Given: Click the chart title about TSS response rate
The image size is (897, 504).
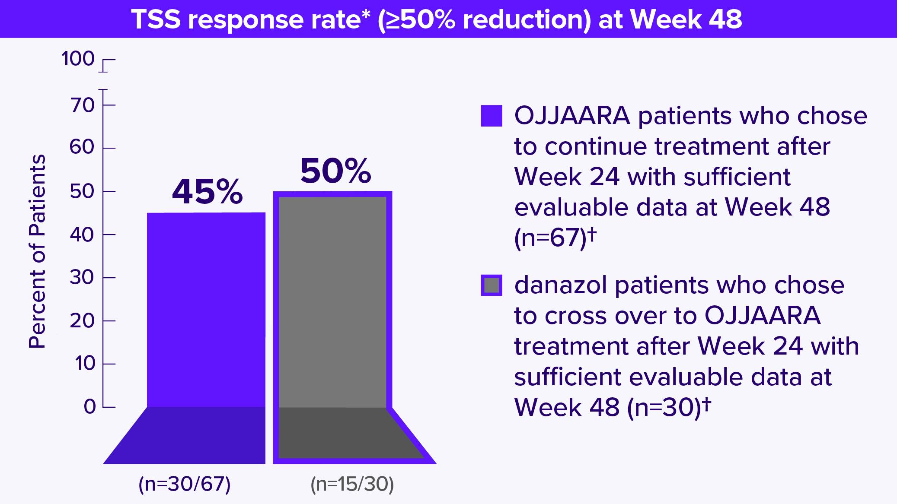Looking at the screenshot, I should (437, 19).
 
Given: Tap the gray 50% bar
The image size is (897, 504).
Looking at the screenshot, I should (332, 302).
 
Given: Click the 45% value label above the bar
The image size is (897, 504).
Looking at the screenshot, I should (207, 193).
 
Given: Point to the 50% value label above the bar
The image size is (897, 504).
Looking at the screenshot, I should (335, 171).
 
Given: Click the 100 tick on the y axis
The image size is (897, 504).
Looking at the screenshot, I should (78, 59).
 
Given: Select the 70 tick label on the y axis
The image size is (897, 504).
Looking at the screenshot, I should (82, 105).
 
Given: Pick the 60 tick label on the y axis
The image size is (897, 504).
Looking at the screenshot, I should (82, 148).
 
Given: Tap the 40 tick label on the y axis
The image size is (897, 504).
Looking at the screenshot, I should (82, 235).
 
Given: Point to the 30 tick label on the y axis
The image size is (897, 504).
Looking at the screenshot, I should (82, 277).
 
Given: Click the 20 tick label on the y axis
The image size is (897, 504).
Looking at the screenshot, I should (82, 320).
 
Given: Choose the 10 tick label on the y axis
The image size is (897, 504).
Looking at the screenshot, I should (85, 364).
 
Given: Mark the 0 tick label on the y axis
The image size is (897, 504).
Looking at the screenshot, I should (89, 407).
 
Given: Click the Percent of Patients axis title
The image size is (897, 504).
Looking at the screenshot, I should (37, 252).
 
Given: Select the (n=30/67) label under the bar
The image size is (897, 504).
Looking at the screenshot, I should (185, 485).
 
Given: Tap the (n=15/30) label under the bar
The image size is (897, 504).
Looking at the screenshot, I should (352, 485).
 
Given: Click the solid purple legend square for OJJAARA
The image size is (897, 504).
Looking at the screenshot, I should (492, 116).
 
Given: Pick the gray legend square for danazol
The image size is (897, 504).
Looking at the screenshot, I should (492, 285).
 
